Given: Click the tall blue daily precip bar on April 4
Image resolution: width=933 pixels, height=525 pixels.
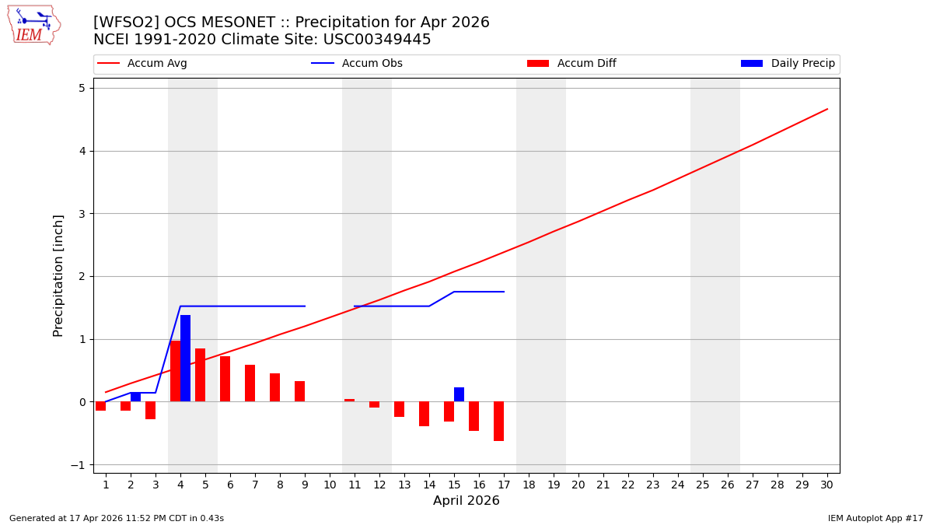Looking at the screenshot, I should click(x=185, y=358).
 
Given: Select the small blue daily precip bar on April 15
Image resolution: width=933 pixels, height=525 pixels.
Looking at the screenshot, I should click(x=459, y=394).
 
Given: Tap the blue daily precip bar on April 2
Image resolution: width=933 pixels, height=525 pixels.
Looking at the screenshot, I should click(x=135, y=397).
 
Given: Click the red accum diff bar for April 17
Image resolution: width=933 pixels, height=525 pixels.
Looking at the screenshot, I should click(x=498, y=421).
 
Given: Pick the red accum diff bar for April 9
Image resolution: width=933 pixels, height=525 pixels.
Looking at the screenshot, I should click(x=299, y=391).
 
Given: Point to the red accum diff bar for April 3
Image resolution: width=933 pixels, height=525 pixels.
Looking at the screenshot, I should click(x=150, y=410).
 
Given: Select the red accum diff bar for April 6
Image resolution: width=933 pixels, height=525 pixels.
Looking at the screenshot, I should click(x=225, y=379).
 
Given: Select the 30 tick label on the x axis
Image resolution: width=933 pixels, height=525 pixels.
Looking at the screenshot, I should click(x=826, y=485).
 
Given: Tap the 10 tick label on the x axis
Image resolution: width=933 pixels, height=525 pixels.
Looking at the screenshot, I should click(x=329, y=485).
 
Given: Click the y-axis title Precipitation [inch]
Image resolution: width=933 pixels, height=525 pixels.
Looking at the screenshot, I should click(x=58, y=275).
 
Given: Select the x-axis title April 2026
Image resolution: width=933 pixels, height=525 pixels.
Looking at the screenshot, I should click(x=466, y=501).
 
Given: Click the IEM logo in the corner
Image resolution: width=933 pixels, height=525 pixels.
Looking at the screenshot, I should click(x=33, y=24).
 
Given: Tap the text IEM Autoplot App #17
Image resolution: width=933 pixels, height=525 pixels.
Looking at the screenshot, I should click(x=875, y=518).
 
